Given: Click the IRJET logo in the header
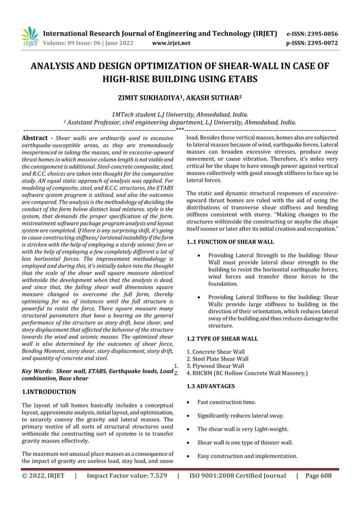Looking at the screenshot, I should [29, 36].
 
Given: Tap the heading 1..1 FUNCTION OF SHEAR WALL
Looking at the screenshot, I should [230, 242].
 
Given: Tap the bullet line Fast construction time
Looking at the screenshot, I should [226, 402].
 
